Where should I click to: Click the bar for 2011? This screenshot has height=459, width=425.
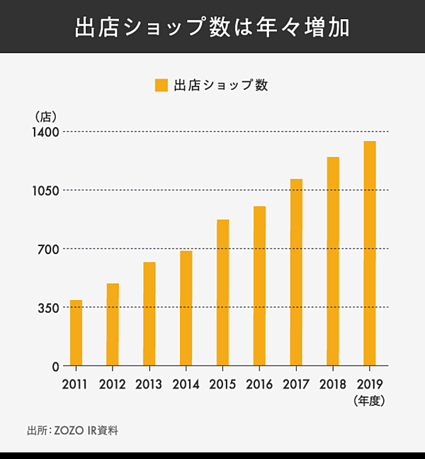[x=76, y=333]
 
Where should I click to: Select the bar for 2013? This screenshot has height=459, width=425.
[x=149, y=314]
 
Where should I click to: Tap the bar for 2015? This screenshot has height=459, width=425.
[x=222, y=292]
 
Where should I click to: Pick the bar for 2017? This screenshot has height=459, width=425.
[x=296, y=272]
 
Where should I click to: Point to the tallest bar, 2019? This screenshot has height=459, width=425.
[x=369, y=253]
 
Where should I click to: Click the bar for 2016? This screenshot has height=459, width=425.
[x=259, y=286]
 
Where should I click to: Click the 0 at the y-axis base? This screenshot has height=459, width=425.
[x=55, y=366]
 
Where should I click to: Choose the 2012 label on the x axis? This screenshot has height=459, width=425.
[x=113, y=385]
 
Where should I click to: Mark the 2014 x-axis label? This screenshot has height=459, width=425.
[x=186, y=385]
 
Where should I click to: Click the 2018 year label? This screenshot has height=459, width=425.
[x=332, y=385]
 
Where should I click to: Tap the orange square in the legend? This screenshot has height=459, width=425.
[x=161, y=85]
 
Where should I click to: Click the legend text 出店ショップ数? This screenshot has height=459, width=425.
[x=220, y=85]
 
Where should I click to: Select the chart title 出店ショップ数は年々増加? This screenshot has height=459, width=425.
[x=212, y=28]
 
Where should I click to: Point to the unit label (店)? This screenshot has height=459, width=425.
[x=45, y=116]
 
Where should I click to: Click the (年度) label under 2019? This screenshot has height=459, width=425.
[x=368, y=401]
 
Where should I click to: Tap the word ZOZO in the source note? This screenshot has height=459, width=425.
[x=70, y=431]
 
